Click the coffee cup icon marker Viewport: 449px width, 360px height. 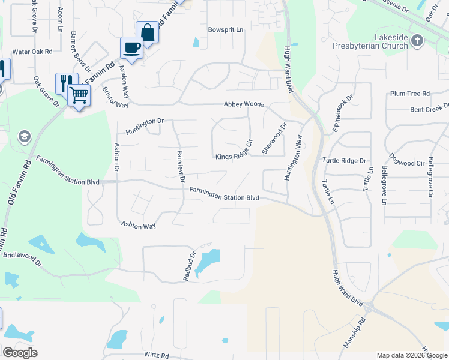click(131, 47)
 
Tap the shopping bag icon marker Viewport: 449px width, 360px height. click(147, 32)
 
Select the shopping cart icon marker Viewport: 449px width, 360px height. click(79, 95)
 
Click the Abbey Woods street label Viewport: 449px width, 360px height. click(244, 104)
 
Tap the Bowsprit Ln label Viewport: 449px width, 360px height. click(226, 29)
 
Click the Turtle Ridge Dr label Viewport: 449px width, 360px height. click(344, 161)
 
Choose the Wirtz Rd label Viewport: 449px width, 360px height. click(156, 355)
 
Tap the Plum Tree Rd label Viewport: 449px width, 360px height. click(410, 94)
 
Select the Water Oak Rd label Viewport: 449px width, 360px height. click(32, 52)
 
